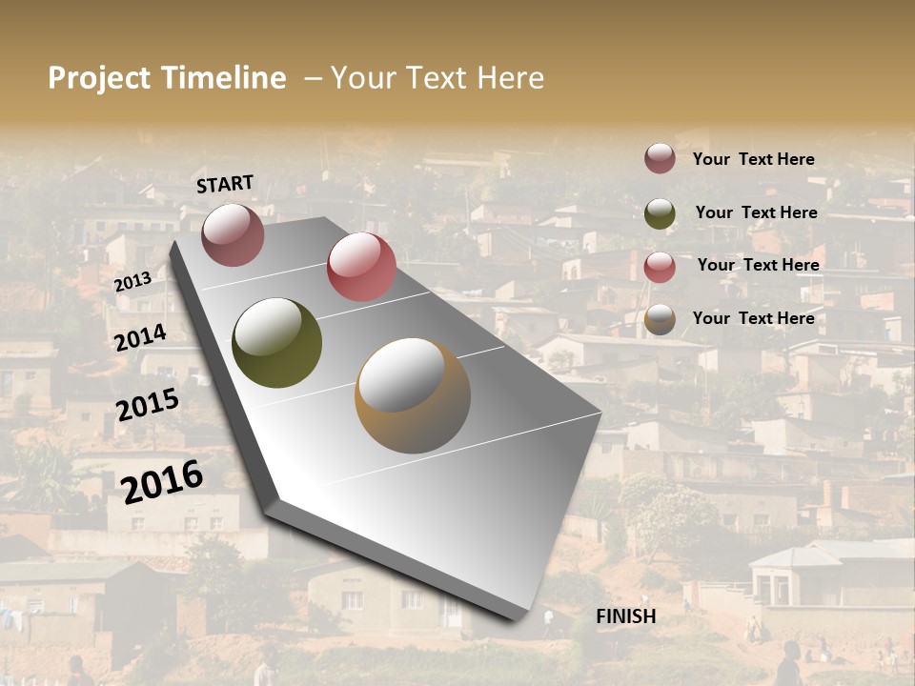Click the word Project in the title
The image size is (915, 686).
pyautogui.click(x=97, y=78)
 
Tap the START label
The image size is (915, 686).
pyautogui.click(x=225, y=184)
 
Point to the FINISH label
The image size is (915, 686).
pyautogui.click(x=625, y=616)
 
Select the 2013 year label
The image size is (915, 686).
pyautogui.click(x=132, y=282)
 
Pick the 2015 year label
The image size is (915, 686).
pyautogui.click(x=148, y=405)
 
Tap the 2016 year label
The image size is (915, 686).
pyautogui.click(x=162, y=481)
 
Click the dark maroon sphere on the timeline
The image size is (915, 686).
pyautogui.click(x=233, y=234)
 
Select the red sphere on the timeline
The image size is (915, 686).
pyautogui.click(x=361, y=267)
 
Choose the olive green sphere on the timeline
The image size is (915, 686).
pyautogui.click(x=277, y=343)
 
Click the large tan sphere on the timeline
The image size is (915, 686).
pyautogui.click(x=413, y=395)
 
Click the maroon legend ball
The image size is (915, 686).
pyautogui.click(x=660, y=159)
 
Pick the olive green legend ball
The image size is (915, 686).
pyautogui.click(x=660, y=213)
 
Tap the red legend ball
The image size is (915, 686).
pyautogui.click(x=660, y=267)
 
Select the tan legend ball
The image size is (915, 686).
pyautogui.click(x=660, y=320)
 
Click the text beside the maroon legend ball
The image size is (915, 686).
pyautogui.click(x=753, y=159)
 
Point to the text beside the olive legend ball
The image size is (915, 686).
pyautogui.click(x=756, y=212)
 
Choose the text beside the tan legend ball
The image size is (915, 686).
pyautogui.click(x=753, y=318)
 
